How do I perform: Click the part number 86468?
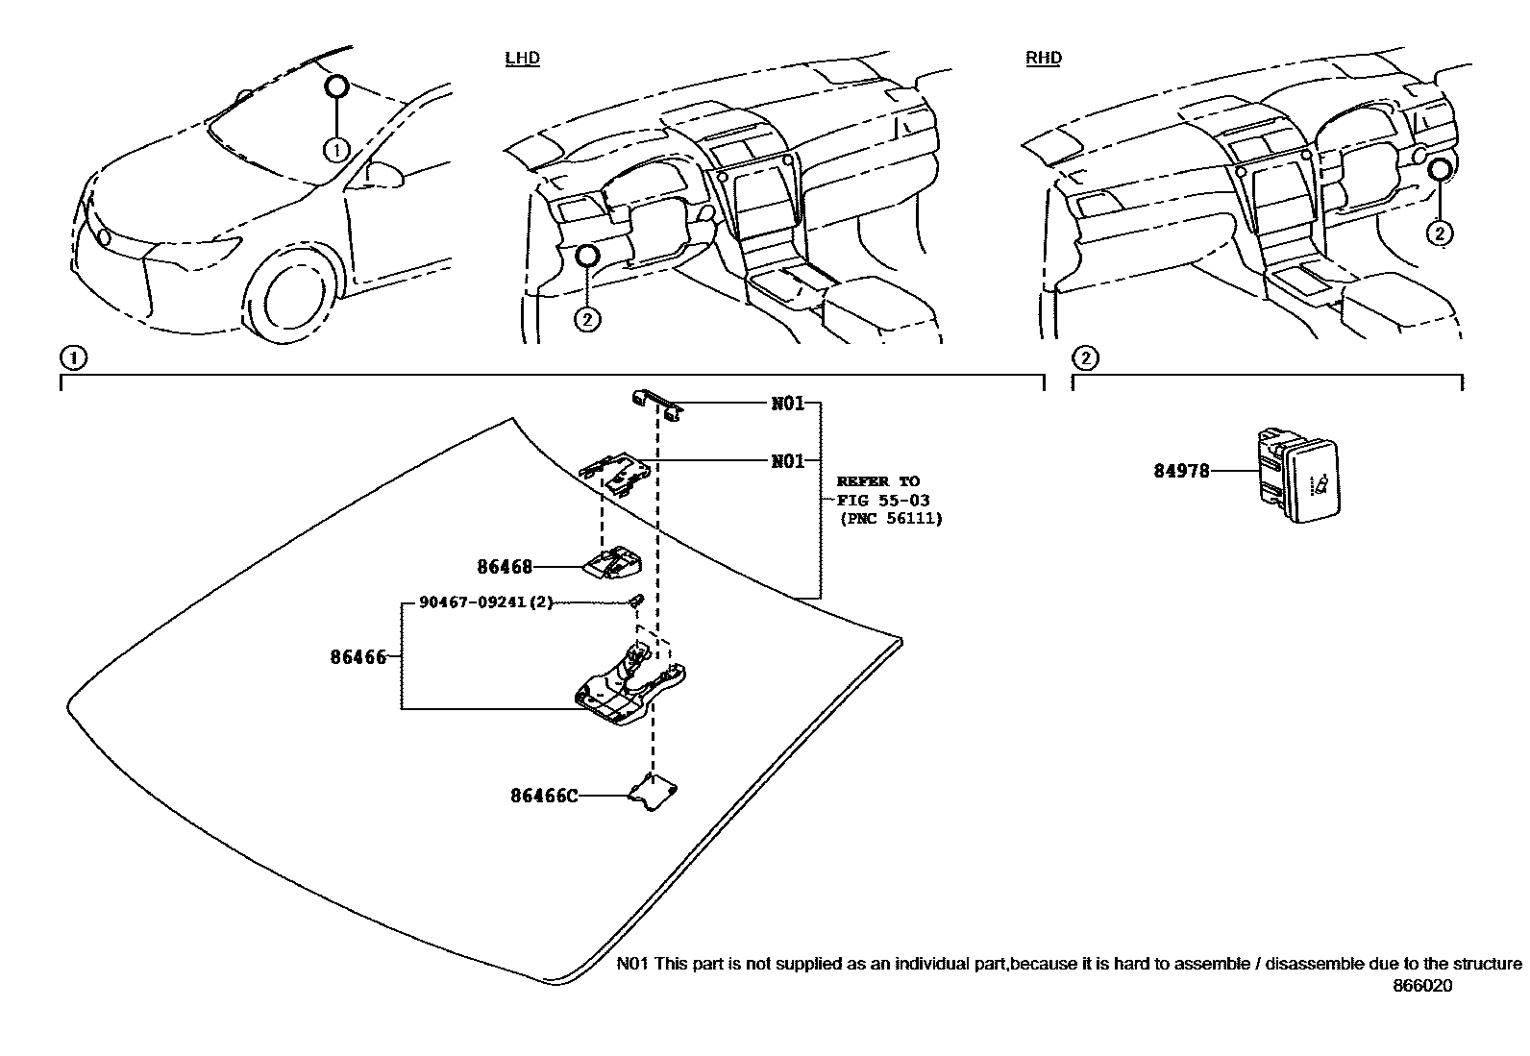click(x=505, y=567)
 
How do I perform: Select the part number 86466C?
click(x=544, y=796)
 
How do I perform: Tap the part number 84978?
click(x=1181, y=472)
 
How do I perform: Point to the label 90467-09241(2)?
click(x=486, y=602)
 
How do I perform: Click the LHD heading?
click(x=523, y=58)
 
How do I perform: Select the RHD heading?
click(x=1044, y=58)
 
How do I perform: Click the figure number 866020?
click(x=1423, y=985)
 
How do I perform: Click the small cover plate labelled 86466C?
click(x=654, y=793)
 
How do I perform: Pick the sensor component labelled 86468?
click(x=613, y=562)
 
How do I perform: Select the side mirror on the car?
click(x=382, y=174)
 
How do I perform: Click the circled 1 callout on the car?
click(x=335, y=150)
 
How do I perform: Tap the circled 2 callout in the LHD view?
click(x=587, y=318)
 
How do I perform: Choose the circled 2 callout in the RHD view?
click(x=1439, y=233)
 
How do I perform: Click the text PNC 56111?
click(x=890, y=519)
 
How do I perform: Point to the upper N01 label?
click(x=788, y=404)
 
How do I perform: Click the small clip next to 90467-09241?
click(x=635, y=602)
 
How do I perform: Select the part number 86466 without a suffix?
click(x=358, y=657)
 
